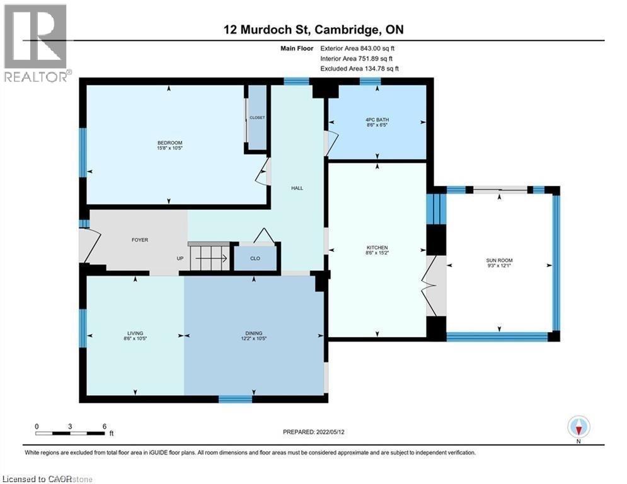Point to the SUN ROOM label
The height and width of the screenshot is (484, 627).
[499, 260]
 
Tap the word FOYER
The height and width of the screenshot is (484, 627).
[139, 240]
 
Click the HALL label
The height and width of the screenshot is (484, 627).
[297, 188]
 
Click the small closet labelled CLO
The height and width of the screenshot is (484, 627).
[255, 258]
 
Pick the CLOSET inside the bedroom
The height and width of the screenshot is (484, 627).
[256, 118]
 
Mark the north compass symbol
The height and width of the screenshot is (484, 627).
[578, 427]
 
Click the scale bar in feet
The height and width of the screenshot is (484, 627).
[71, 433]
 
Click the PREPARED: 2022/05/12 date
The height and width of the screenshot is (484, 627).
[314, 432]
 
